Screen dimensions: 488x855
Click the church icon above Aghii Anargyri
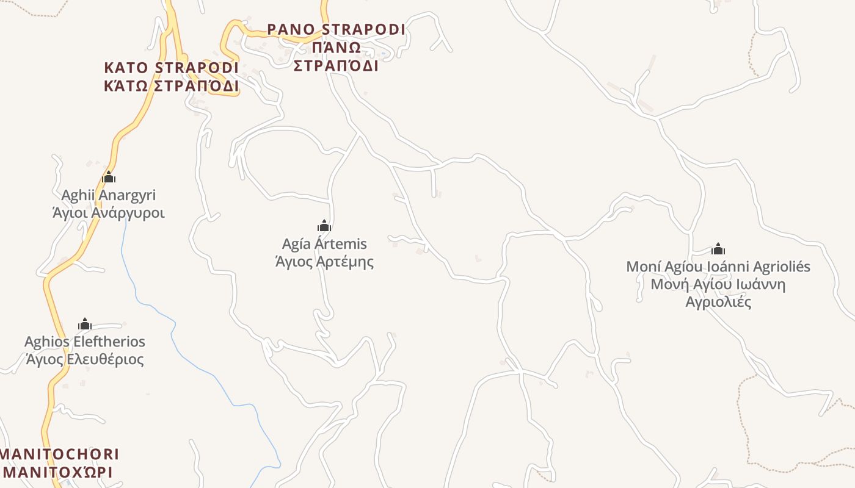109,178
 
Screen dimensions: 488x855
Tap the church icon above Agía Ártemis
324,226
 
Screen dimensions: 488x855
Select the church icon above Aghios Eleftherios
85,324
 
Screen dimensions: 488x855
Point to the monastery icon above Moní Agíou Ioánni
718,249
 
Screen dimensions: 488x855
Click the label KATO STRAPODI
171,67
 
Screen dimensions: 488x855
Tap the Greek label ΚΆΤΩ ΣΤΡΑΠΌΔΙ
171,85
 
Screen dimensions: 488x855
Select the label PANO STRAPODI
336,29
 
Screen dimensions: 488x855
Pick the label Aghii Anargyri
109,195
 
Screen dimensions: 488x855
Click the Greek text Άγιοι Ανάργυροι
109,213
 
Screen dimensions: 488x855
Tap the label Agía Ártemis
324,244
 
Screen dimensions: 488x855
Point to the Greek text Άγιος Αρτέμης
324,262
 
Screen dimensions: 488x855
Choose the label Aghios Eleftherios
85,341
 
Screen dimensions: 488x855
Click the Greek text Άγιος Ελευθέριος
85,359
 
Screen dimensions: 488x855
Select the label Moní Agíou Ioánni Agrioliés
718,267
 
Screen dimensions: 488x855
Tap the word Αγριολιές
718,302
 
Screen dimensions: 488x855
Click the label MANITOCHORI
60,454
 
